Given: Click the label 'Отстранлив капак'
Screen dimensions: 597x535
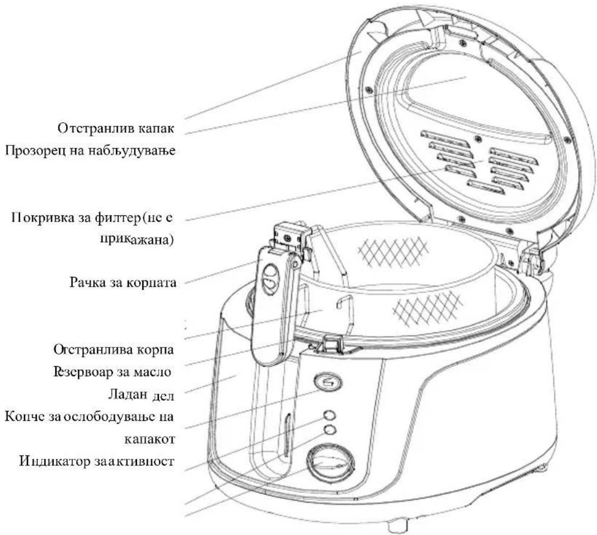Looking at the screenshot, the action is [116, 128].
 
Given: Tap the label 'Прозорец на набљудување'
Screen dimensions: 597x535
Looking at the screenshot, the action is [90, 151].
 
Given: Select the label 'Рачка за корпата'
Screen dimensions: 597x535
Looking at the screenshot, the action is [123, 283].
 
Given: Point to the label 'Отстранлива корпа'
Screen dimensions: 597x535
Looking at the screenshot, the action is [113, 349].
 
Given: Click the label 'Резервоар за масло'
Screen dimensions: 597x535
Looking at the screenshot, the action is [112, 372].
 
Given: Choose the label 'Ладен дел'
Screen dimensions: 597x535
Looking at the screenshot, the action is [141, 395].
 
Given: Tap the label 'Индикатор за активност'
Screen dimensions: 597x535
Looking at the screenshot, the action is [97, 462].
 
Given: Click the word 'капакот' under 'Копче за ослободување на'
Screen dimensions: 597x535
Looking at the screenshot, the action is [149, 440].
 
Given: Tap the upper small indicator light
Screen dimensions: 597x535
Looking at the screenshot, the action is [330, 415].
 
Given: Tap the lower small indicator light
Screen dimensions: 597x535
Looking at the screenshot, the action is [330, 429].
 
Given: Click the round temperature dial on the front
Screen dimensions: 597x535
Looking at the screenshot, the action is [331, 462].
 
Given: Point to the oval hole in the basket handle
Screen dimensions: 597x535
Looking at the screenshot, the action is [272, 280].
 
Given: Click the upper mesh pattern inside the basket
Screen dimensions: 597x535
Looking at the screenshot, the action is [393, 251].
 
